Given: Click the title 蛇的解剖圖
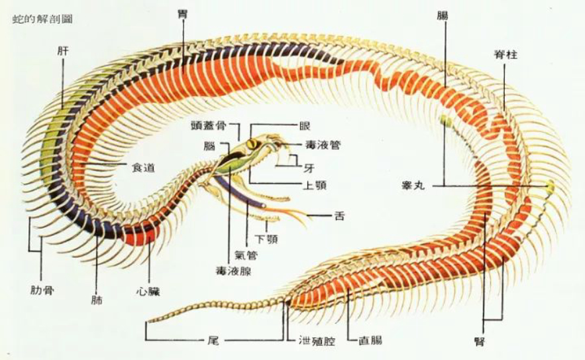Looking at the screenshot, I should [x=42, y=19].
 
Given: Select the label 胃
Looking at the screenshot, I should [x=182, y=13].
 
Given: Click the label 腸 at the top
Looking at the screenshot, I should [x=442, y=14].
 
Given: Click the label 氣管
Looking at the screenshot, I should [x=246, y=255].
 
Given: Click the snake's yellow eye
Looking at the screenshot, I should [x=252, y=144].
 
